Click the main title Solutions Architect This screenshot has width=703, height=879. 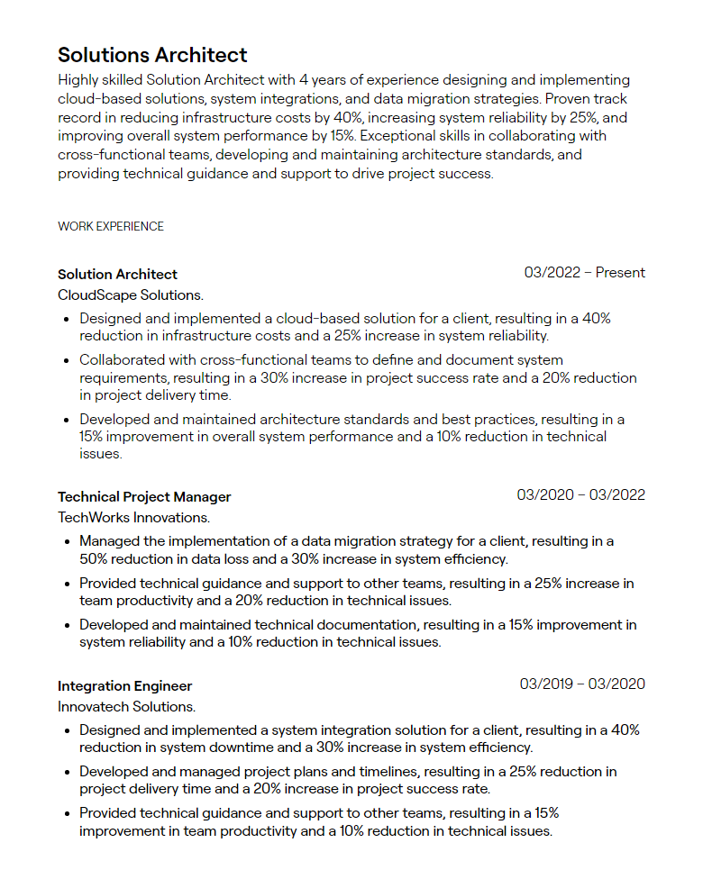(152, 55)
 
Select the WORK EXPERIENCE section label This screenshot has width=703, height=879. (111, 226)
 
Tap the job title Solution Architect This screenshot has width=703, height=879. (117, 274)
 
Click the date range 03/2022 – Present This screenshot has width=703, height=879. (584, 273)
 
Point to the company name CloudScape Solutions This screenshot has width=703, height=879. (131, 295)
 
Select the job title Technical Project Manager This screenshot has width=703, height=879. (144, 497)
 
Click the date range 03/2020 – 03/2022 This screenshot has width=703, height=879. (580, 495)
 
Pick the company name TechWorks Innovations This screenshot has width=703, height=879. (133, 518)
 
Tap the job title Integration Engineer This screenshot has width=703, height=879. (124, 686)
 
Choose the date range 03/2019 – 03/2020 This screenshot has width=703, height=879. (582, 684)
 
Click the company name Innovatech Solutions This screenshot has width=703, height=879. (126, 707)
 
